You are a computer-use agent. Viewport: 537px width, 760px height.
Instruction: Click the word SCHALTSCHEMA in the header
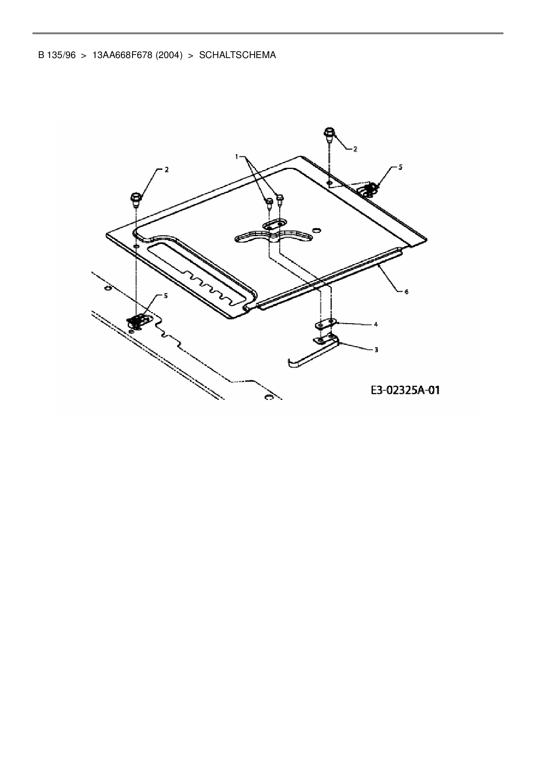(x=237, y=55)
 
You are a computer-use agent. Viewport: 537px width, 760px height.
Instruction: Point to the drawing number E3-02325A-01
(x=405, y=390)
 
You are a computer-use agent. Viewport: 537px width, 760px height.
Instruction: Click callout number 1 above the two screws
(x=237, y=156)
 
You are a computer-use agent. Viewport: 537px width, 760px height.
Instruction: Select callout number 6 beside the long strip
(x=406, y=292)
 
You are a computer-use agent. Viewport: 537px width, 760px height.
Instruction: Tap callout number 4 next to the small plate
(x=375, y=324)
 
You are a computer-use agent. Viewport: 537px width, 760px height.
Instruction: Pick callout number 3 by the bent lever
(x=376, y=350)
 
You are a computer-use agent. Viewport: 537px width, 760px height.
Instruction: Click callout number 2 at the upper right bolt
(x=355, y=149)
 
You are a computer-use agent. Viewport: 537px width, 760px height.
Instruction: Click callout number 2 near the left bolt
(x=166, y=170)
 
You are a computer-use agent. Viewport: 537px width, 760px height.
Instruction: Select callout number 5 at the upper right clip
(x=400, y=167)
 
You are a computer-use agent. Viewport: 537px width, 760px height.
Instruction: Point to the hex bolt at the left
(x=135, y=199)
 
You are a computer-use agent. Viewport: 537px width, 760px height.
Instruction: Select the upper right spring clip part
(x=369, y=188)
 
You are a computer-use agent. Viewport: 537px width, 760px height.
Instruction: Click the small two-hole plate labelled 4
(x=325, y=324)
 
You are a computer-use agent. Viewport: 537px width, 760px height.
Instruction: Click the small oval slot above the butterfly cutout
(x=273, y=224)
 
